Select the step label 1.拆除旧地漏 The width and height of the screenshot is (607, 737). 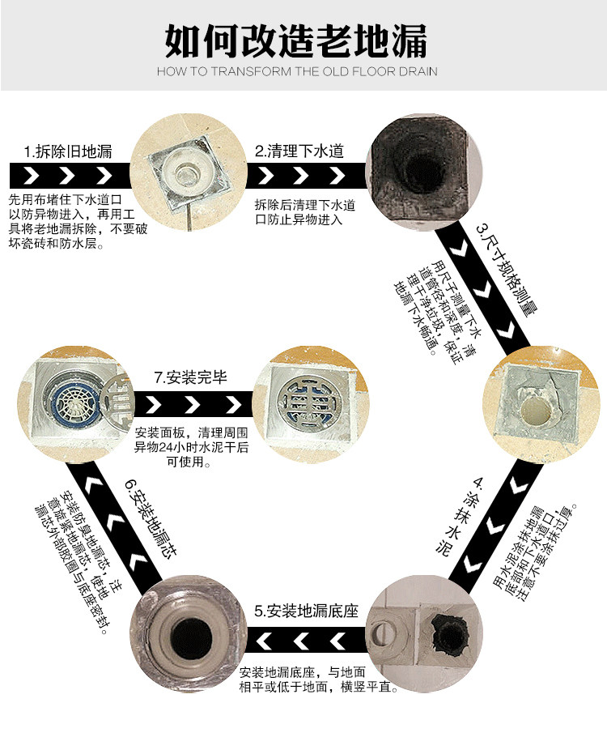tap(67, 151)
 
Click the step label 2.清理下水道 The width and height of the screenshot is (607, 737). tap(299, 151)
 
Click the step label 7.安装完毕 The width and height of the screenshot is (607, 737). tap(194, 377)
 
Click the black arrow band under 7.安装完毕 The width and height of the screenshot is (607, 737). tap(194, 403)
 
